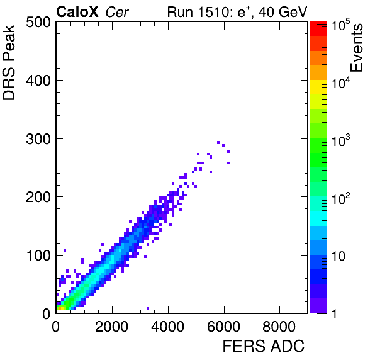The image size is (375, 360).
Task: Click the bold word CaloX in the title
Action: tap(77, 12)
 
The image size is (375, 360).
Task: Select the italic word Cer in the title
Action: tap(117, 12)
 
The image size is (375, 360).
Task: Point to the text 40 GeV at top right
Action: tap(283, 12)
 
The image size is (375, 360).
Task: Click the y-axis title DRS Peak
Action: tap(9, 63)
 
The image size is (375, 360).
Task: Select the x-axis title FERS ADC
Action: tap(264, 346)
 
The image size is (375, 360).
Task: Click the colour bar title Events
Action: tap(356, 48)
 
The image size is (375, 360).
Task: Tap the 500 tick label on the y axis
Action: tap(38, 23)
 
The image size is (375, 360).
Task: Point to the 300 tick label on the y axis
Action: tap(38, 138)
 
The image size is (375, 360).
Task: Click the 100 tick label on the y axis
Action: tap(38, 256)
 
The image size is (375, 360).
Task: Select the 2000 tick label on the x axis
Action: tap(112, 327)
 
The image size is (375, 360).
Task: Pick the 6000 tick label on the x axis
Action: tap(223, 327)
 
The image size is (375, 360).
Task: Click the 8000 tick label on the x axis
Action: tap(279, 327)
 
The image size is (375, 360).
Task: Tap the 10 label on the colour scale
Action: tap(338, 256)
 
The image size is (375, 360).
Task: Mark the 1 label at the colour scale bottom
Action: tap(334, 314)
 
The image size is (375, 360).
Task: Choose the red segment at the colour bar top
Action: tap(318, 29)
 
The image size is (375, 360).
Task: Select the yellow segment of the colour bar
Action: tap(318, 87)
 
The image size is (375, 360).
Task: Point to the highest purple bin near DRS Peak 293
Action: tap(218, 143)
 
